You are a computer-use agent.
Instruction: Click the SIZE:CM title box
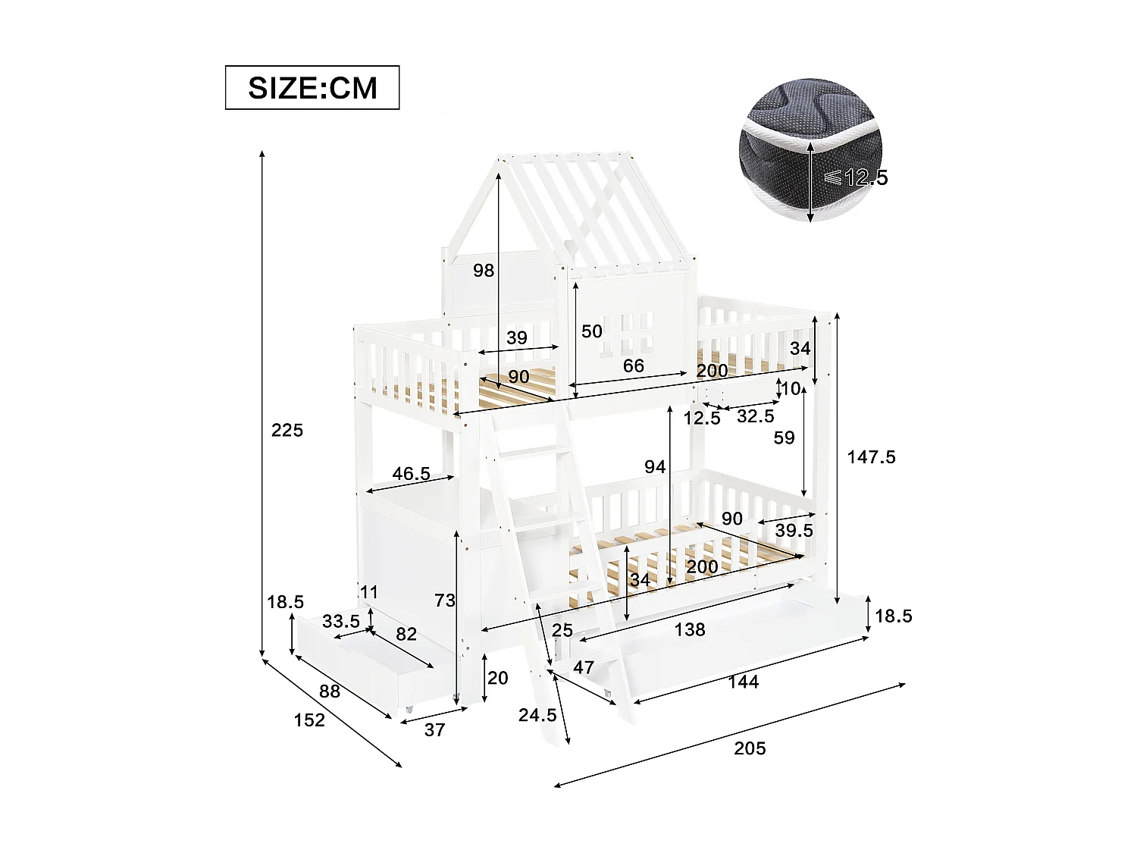[x=312, y=88]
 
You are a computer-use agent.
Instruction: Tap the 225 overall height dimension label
[x=287, y=431]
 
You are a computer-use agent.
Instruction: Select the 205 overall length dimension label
[x=750, y=748]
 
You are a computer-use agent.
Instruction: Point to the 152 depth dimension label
[x=309, y=720]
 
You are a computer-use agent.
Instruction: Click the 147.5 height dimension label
[x=871, y=457]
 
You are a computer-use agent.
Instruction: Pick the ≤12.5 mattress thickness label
[x=856, y=177]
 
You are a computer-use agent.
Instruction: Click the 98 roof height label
[x=484, y=271]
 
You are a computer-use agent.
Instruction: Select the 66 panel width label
[x=634, y=366]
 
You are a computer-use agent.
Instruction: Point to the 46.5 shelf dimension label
[x=411, y=474]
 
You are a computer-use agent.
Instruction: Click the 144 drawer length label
[x=743, y=682]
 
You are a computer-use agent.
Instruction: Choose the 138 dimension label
[x=690, y=629]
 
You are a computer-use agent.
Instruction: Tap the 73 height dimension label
[x=445, y=601]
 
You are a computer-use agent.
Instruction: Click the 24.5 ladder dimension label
[x=537, y=715]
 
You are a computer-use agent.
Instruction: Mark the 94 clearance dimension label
[x=655, y=467]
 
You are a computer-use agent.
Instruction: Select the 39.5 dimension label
[x=794, y=531]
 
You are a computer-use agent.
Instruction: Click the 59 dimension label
[x=784, y=438]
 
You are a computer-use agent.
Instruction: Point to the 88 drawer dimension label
[x=330, y=691]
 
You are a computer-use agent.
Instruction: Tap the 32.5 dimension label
[x=756, y=416]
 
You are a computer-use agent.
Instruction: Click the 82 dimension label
[x=406, y=634]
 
